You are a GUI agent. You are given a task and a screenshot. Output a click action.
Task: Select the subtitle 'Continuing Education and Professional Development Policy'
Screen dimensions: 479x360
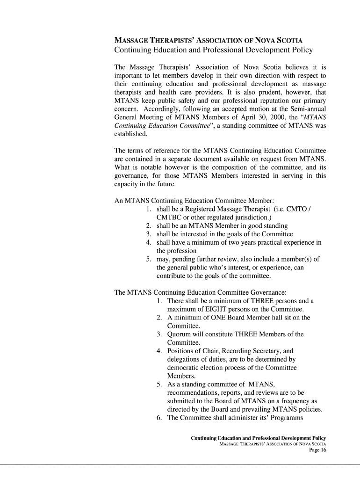214,50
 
